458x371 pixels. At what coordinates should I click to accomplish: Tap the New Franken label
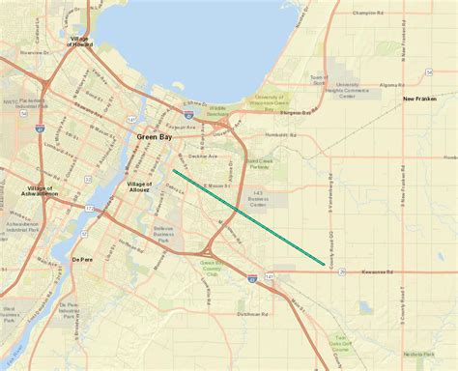(420, 100)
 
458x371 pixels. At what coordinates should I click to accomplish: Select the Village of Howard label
(80, 40)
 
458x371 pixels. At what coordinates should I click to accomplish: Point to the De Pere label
(84, 260)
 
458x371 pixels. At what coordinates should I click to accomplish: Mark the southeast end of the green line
(324, 263)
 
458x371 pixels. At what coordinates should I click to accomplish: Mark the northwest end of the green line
(174, 172)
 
